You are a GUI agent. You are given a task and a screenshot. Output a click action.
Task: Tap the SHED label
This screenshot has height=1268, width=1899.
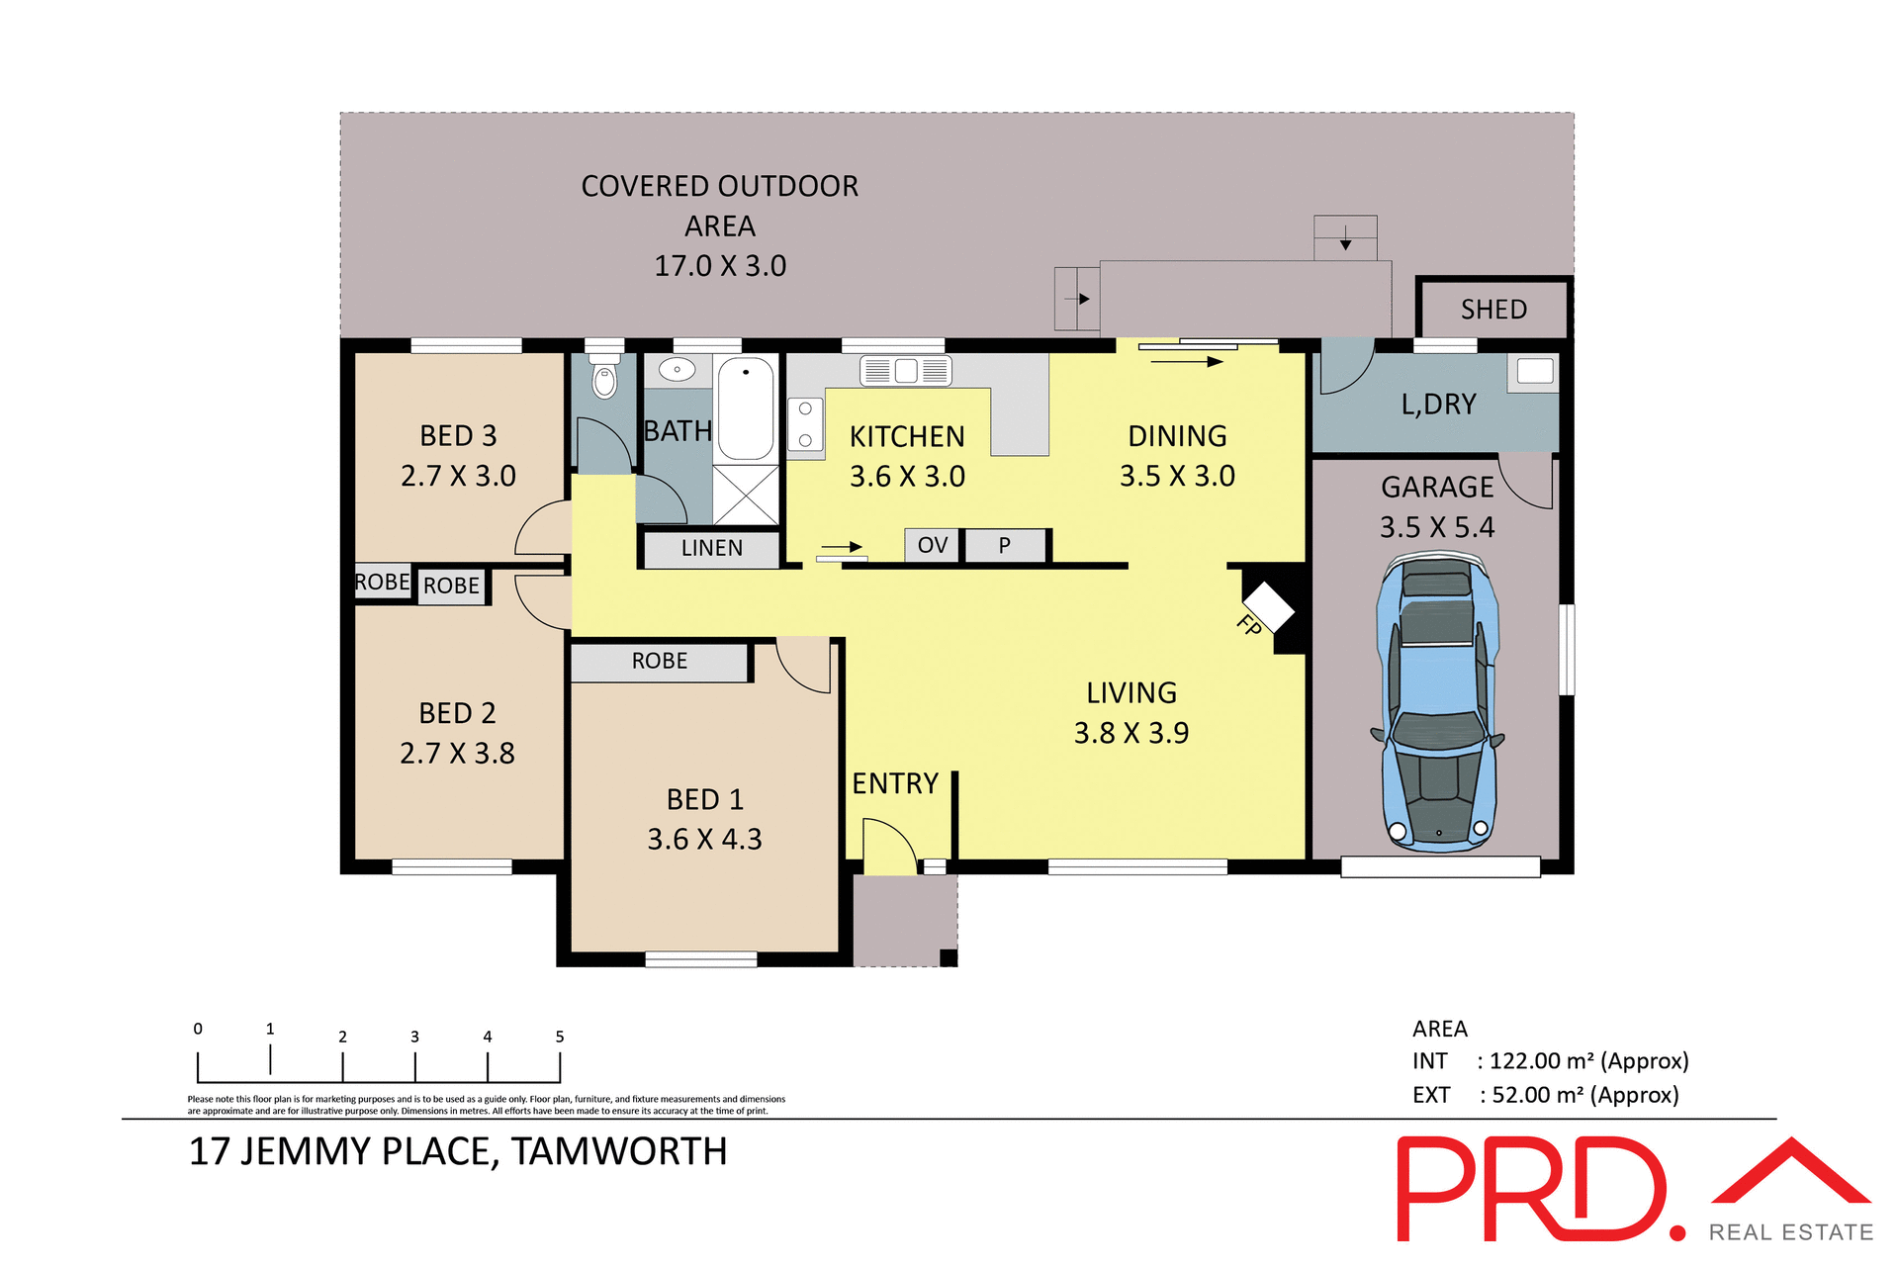tap(1493, 310)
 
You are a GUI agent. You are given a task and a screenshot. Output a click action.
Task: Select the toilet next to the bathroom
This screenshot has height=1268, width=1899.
tap(603, 377)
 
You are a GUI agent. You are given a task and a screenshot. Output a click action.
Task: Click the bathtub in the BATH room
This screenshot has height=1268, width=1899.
tap(745, 408)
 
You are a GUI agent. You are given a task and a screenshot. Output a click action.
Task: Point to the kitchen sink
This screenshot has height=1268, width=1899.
tap(905, 371)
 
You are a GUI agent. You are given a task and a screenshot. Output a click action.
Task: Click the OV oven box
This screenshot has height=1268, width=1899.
tap(932, 545)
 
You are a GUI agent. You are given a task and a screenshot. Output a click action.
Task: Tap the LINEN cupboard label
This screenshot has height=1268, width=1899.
tap(711, 548)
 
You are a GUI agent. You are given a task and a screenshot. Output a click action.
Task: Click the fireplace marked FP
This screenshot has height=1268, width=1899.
tap(1268, 606)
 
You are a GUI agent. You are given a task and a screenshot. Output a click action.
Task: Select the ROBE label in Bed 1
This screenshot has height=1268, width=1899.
tap(659, 661)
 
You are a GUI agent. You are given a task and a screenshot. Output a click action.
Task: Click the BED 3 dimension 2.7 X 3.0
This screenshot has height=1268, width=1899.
tap(458, 476)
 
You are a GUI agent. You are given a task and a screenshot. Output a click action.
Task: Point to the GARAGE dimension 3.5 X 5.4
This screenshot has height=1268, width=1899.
tap(1436, 527)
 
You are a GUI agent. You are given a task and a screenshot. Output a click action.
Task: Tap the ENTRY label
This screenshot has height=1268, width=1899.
tap(895, 783)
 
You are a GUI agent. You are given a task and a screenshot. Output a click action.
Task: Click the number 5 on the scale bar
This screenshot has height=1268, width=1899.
tap(560, 1037)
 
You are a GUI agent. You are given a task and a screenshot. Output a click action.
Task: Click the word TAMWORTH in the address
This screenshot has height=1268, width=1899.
tap(619, 1152)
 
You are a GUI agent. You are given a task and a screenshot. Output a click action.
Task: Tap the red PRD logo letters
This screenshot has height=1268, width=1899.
tap(1528, 1189)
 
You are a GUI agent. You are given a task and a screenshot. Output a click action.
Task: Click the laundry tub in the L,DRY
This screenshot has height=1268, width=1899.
tap(1534, 372)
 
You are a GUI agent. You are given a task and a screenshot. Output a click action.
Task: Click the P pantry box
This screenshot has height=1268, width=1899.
tap(1005, 545)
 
